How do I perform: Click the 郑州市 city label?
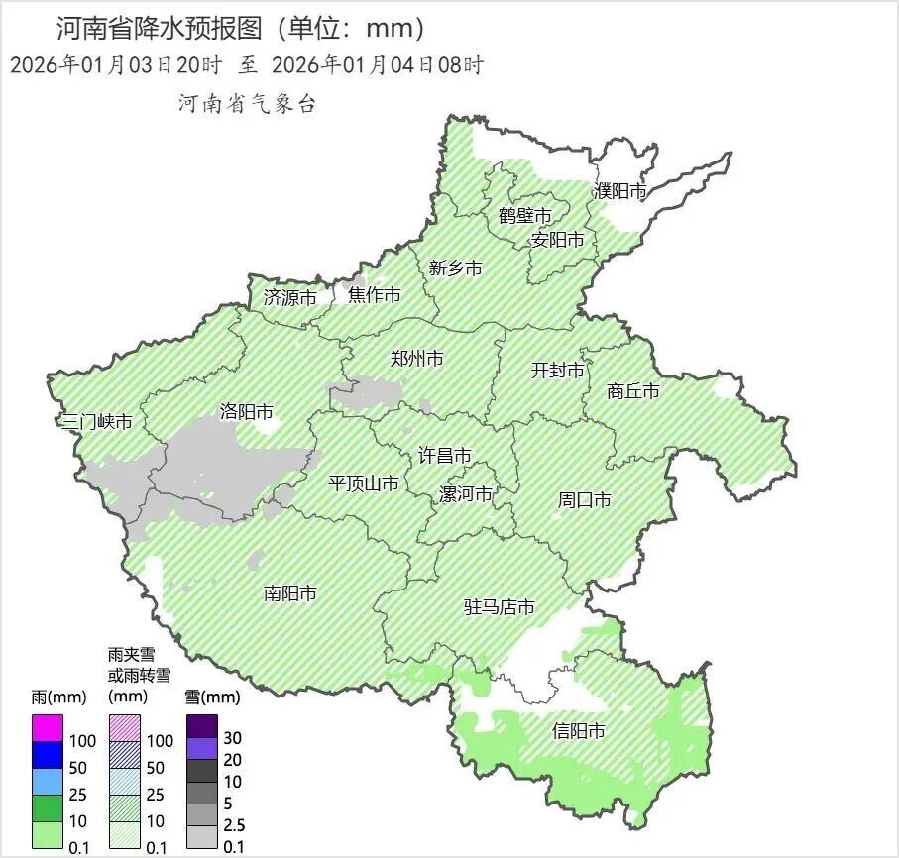[416, 359]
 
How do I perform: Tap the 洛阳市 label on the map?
[246, 412]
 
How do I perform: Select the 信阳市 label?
[578, 732]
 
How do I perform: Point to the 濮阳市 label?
[620, 191]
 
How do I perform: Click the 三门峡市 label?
[97, 422]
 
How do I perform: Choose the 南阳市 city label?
[290, 593]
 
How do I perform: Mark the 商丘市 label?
[632, 391]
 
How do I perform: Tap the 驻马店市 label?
[500, 607]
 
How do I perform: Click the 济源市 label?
[290, 297]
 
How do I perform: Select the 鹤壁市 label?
[524, 215]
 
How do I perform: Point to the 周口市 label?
[584, 500]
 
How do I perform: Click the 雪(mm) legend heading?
[212, 697]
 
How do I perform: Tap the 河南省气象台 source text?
[247, 104]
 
